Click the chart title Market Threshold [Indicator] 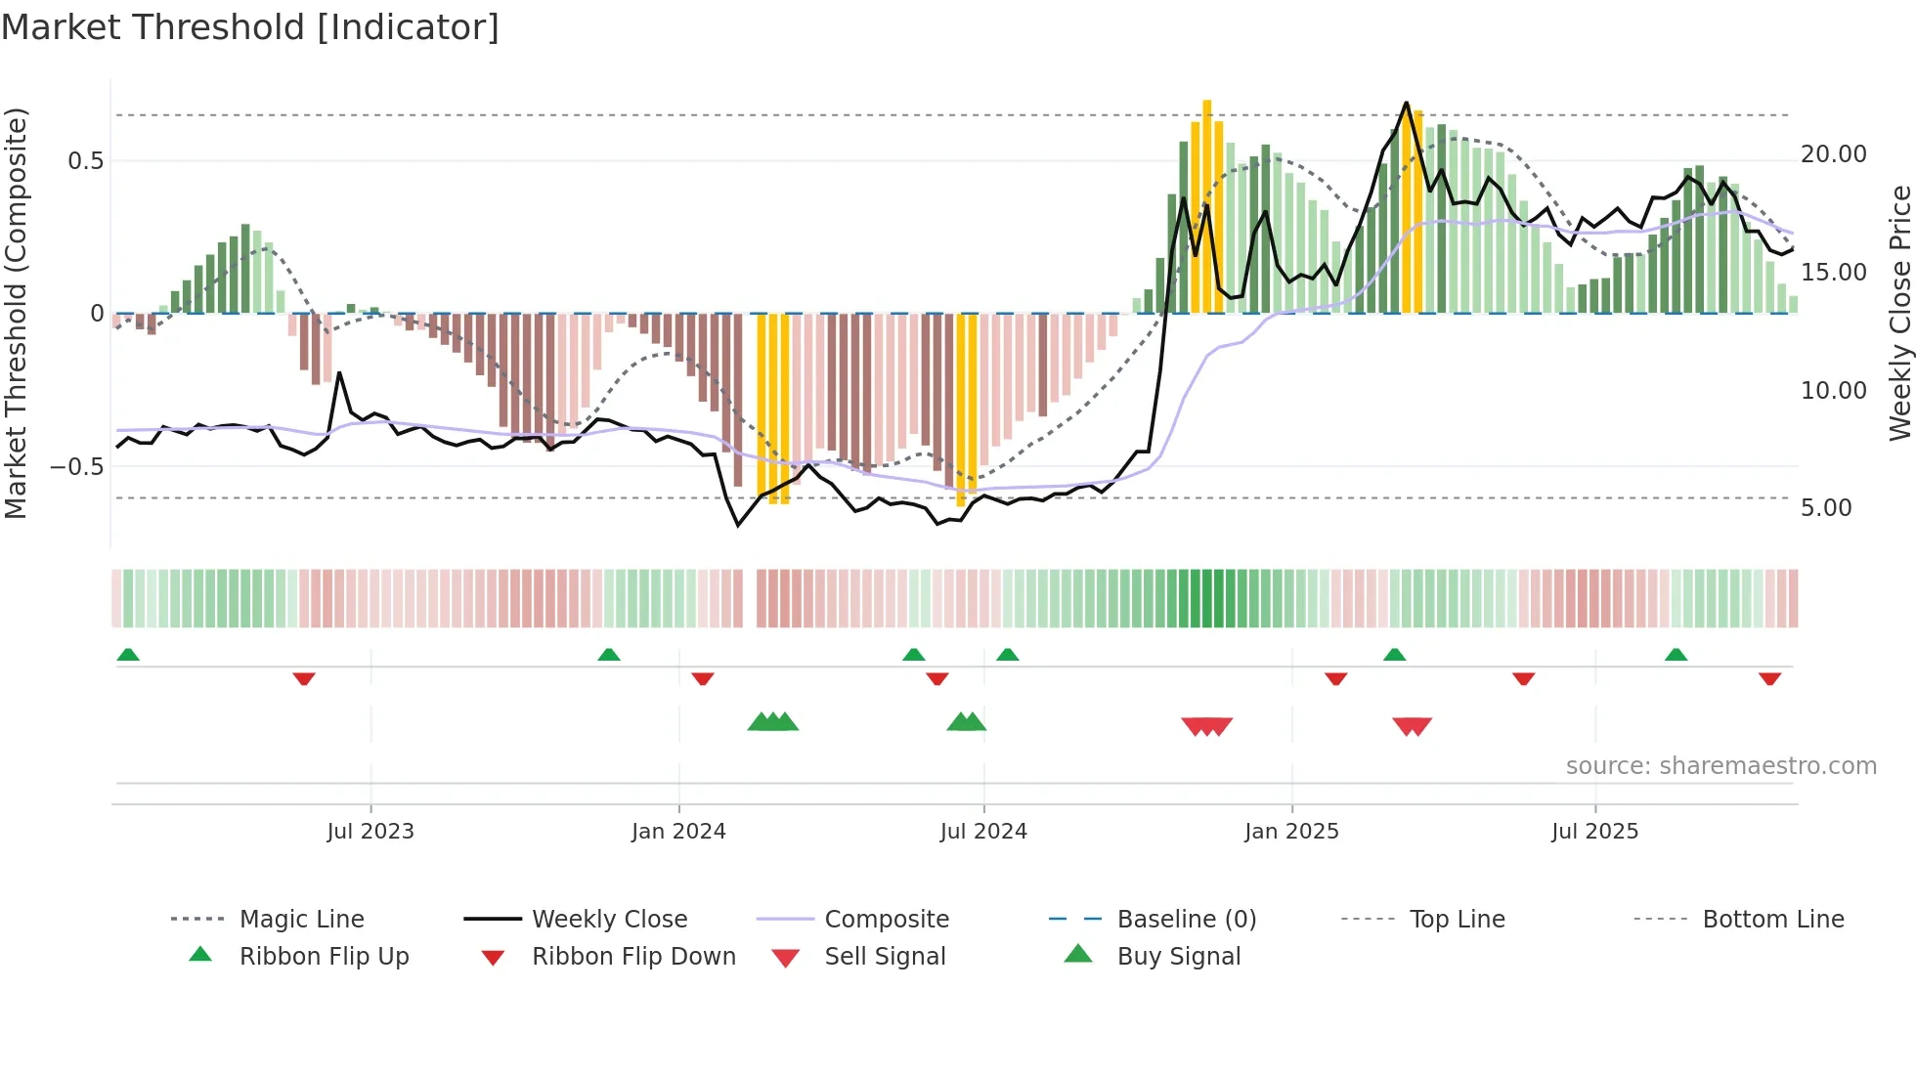250,27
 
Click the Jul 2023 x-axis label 370,831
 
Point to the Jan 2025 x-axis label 1291,831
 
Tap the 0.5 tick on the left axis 85,161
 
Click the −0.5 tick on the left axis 77,466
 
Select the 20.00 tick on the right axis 1833,154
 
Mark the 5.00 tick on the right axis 1826,508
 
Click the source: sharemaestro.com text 1720,765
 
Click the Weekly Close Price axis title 1899,313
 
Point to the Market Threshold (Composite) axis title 16,313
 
